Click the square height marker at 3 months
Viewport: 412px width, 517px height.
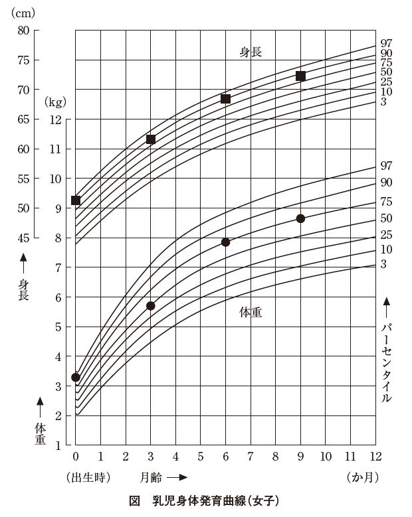[151, 139]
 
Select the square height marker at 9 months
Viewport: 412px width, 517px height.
[300, 76]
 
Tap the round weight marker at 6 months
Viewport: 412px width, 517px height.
[225, 242]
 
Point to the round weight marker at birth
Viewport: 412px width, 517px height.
[76, 377]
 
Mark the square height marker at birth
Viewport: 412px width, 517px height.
[76, 200]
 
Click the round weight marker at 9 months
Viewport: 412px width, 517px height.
[300, 218]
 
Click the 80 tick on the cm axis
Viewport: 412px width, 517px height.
[23, 30]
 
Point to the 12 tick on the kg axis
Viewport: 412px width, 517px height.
[54, 119]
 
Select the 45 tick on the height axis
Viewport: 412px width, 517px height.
[23, 238]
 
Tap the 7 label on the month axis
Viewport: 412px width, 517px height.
[251, 457]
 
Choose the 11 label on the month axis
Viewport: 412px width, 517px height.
[350, 457]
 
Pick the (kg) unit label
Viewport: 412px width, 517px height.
[56, 102]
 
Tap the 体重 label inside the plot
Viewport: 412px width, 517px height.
[251, 312]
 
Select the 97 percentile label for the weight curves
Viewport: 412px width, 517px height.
[386, 165]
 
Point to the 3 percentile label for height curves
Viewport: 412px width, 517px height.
[383, 102]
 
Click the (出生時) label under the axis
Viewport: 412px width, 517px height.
[88, 477]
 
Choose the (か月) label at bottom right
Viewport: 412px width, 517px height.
[363, 477]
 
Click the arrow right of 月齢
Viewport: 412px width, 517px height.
[177, 477]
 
